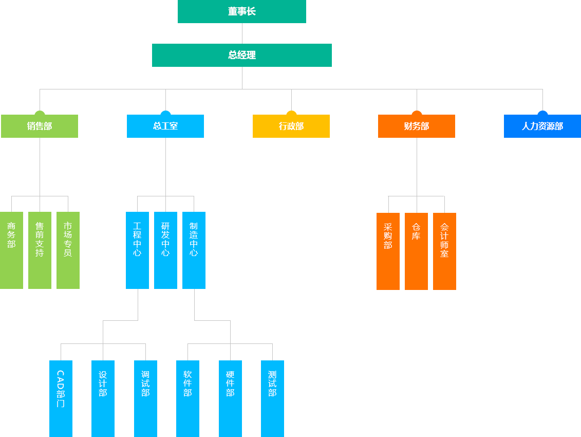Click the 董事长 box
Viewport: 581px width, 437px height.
point(241,12)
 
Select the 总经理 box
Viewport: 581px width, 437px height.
point(241,55)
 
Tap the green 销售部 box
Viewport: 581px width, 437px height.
point(40,126)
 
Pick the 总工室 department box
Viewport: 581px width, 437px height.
point(165,126)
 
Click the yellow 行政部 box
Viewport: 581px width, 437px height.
point(291,126)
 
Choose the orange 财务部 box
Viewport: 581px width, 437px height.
point(416,126)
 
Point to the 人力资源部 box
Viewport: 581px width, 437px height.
point(542,126)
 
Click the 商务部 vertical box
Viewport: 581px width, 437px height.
point(11,250)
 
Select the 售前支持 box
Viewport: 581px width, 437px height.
point(40,250)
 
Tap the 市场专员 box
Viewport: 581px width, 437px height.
point(68,250)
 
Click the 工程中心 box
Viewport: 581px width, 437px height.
point(137,250)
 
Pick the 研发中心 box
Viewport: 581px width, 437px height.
point(165,250)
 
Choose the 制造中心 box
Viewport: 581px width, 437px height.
point(194,250)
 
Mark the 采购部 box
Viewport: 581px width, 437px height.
point(388,251)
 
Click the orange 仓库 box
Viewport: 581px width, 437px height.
point(416,251)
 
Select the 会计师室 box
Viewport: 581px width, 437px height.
point(444,251)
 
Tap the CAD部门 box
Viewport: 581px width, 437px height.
point(61,398)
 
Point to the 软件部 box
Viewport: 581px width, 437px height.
point(188,398)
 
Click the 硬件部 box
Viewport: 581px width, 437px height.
point(230,398)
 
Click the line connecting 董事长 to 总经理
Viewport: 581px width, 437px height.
point(242,33)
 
